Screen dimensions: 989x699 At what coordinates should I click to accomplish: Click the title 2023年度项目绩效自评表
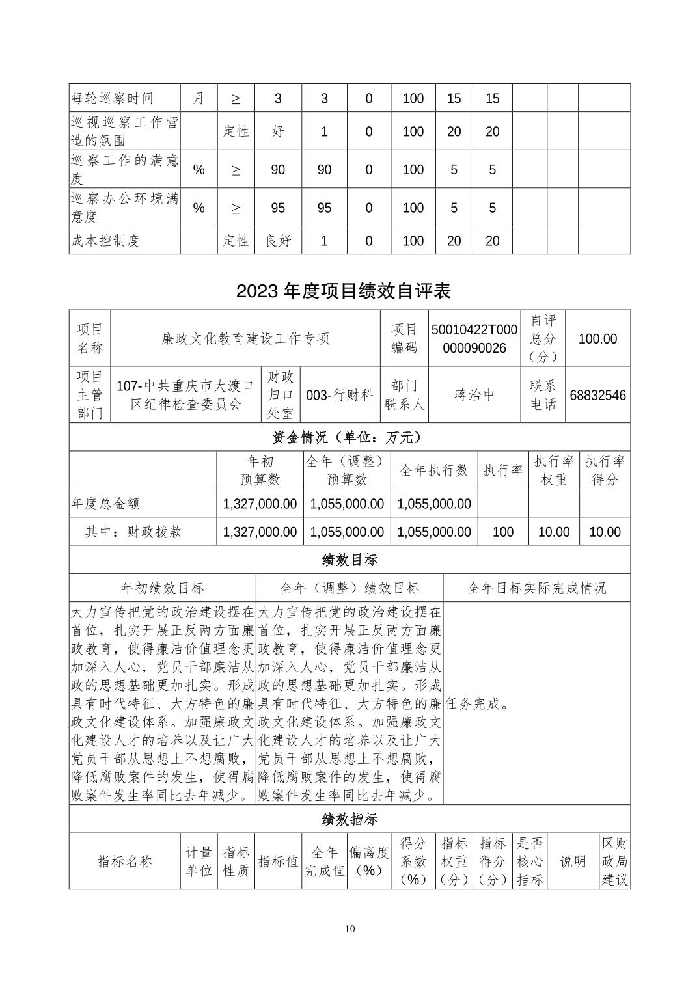pyautogui.click(x=344, y=291)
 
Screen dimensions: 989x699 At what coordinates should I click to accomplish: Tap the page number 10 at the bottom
pyautogui.click(x=349, y=928)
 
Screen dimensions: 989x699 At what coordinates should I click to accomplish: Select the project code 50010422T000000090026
pyautogui.click(x=474, y=338)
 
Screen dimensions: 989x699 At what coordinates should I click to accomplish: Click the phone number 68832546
pyautogui.click(x=597, y=395)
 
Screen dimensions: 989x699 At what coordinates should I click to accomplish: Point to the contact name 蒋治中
pyautogui.click(x=474, y=395)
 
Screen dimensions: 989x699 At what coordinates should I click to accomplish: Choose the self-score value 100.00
pyautogui.click(x=597, y=338)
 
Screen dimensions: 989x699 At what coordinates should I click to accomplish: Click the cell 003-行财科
pyautogui.click(x=339, y=395)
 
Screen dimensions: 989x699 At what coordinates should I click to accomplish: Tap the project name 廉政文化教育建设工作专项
pyautogui.click(x=245, y=338)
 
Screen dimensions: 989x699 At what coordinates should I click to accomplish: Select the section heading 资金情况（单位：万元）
pyautogui.click(x=349, y=437)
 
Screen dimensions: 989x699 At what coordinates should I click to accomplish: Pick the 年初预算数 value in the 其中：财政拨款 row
pyautogui.click(x=260, y=532)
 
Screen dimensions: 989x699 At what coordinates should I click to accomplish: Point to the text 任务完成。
pyautogui.click(x=478, y=703)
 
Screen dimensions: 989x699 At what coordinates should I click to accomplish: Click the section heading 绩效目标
pyautogui.click(x=349, y=560)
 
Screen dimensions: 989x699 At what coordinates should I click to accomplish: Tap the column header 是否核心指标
pyautogui.click(x=530, y=861)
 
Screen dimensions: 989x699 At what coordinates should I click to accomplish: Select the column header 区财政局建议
pyautogui.click(x=614, y=861)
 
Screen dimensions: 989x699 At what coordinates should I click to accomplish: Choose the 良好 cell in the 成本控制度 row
pyautogui.click(x=279, y=241)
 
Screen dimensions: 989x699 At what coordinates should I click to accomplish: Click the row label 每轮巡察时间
pyautogui.click(x=112, y=98)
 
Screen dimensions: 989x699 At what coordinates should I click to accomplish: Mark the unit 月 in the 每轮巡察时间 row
pyautogui.click(x=199, y=98)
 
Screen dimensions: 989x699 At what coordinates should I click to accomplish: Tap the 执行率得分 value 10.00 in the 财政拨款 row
pyautogui.click(x=605, y=532)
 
